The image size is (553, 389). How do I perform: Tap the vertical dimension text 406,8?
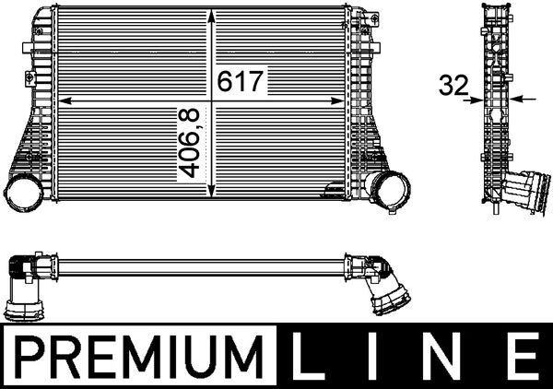[189, 143]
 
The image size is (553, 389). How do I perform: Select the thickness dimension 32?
[453, 86]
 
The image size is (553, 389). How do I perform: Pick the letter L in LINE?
[309, 355]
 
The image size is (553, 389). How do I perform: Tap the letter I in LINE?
[378, 355]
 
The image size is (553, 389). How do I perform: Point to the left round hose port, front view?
[20, 193]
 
